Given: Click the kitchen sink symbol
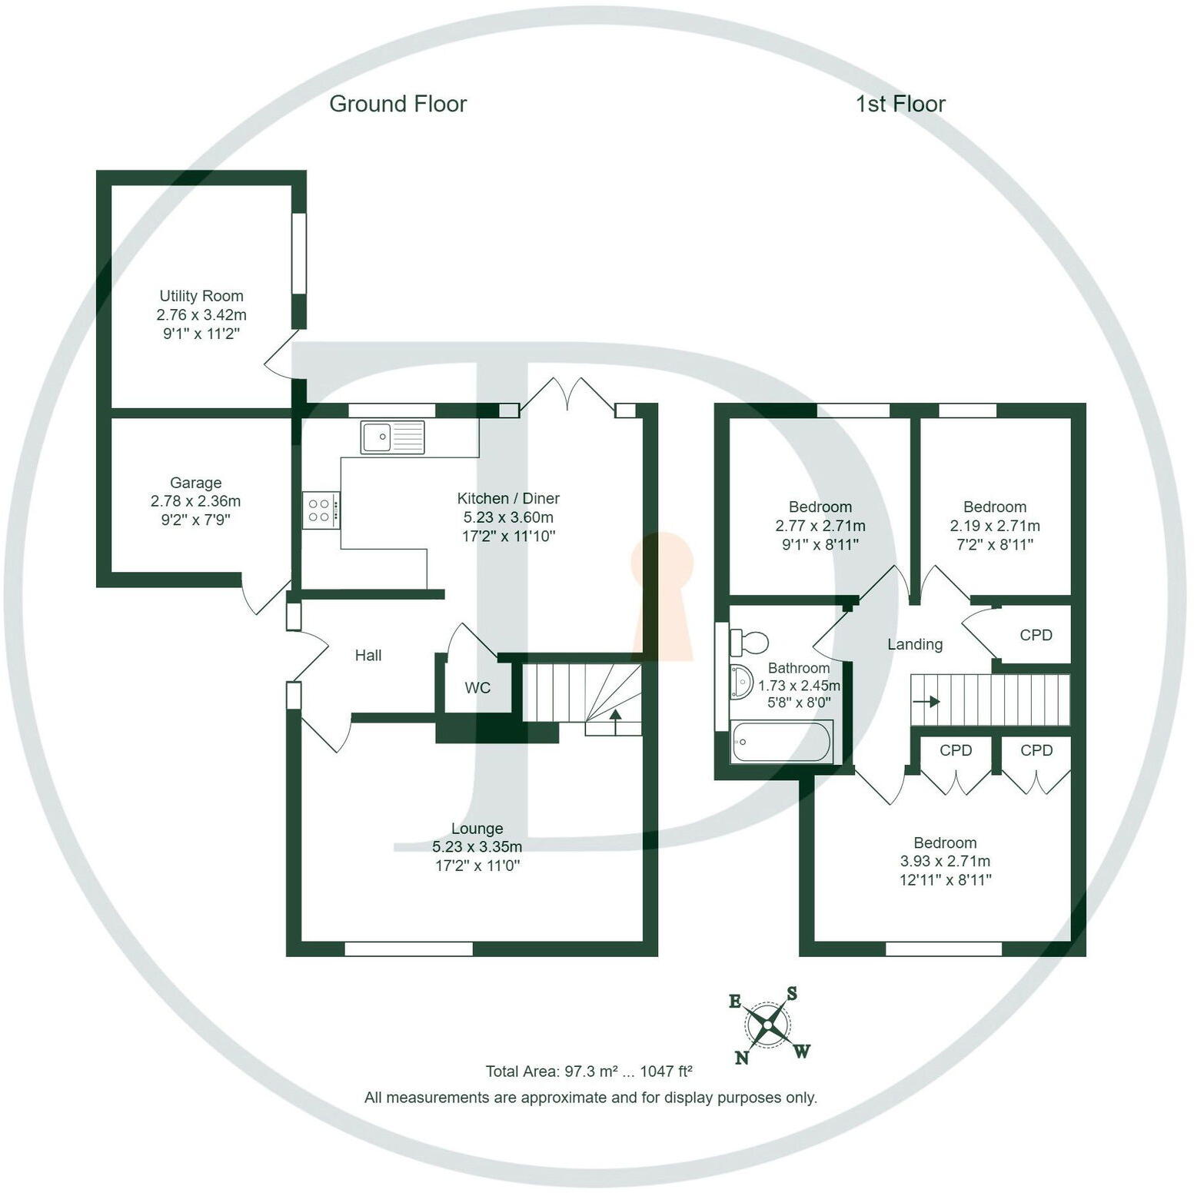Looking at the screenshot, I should pyautogui.click(x=392, y=437).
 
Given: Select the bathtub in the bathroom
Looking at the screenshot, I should pyautogui.click(x=781, y=742).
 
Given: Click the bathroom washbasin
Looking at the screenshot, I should pyautogui.click(x=740, y=681).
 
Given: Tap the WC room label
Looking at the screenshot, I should pyautogui.click(x=477, y=688).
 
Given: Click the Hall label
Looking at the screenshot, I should pyautogui.click(x=368, y=656).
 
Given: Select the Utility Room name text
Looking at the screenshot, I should pyautogui.click(x=201, y=296).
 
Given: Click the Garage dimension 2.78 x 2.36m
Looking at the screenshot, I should pyautogui.click(x=195, y=501).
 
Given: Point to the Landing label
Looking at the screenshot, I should pyautogui.click(x=915, y=644).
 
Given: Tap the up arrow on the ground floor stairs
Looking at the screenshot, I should pyautogui.click(x=615, y=716).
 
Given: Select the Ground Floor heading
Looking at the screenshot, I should pyautogui.click(x=397, y=104).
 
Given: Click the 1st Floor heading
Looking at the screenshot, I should pyautogui.click(x=900, y=104).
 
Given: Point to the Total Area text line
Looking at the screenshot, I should pyautogui.click(x=589, y=1071).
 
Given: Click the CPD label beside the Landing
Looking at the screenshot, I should pyautogui.click(x=1036, y=635).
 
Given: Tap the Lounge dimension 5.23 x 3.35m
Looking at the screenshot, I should pyautogui.click(x=477, y=847).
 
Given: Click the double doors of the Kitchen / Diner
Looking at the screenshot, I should pyautogui.click(x=567, y=394).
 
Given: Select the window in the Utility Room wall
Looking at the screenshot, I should pyautogui.click(x=299, y=253).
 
